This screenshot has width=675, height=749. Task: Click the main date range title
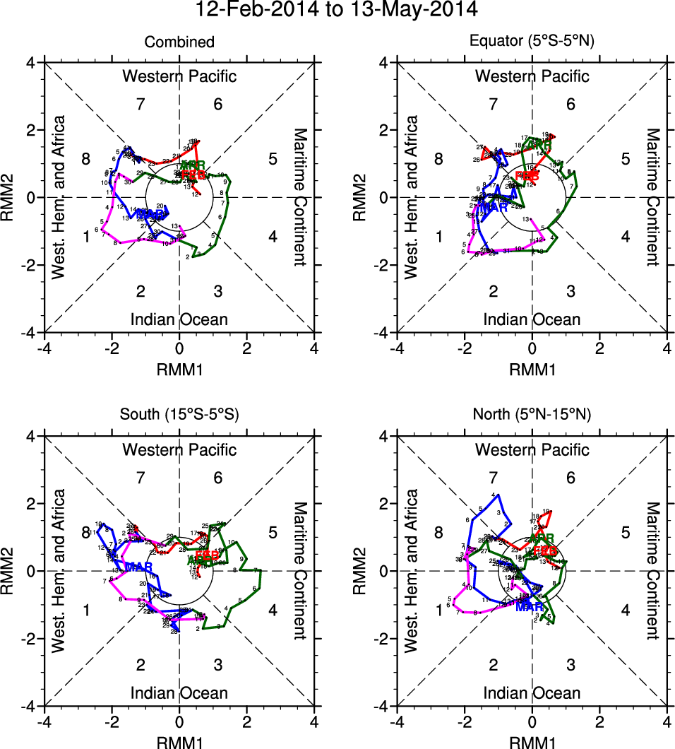pyautogui.click(x=337, y=10)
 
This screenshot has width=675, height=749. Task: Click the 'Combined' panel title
pyautogui.click(x=179, y=43)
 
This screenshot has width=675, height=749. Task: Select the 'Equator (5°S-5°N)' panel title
pyautogui.click(x=532, y=42)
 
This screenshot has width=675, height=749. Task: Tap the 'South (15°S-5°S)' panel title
pyautogui.click(x=179, y=415)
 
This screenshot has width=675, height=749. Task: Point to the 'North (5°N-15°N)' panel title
pyautogui.click(x=532, y=415)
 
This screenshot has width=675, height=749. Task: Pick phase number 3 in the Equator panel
pyautogui.click(x=571, y=292)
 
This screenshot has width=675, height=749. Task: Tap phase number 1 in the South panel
pyautogui.click(x=86, y=610)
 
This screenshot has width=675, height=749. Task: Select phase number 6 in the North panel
pyautogui.click(x=571, y=478)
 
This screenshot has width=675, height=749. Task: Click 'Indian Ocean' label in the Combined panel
pyautogui.click(x=179, y=319)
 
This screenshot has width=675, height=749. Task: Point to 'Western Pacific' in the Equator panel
pyautogui.click(x=532, y=76)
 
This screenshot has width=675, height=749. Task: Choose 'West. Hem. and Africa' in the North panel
pyautogui.click(x=411, y=571)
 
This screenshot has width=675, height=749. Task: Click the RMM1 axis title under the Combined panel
pyautogui.click(x=179, y=368)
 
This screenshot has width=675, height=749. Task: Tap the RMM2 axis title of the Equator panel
pyautogui.click(x=361, y=197)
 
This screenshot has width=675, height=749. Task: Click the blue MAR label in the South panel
pyautogui.click(x=138, y=567)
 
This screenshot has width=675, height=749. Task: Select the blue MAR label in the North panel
pyautogui.click(x=530, y=606)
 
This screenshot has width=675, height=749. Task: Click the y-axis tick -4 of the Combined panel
pyautogui.click(x=31, y=332)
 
